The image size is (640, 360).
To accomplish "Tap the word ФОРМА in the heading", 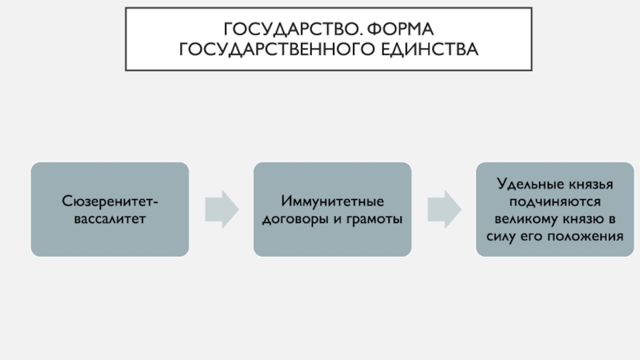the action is (401, 30).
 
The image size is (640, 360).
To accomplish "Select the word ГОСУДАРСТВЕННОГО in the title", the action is (277, 50).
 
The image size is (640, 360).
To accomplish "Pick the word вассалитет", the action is (110, 218).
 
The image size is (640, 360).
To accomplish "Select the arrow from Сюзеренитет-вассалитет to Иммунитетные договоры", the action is (222, 210).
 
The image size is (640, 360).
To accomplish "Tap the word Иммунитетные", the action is (332, 202).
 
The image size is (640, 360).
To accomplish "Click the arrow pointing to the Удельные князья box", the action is (445, 210).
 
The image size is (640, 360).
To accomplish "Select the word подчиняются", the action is (555, 202).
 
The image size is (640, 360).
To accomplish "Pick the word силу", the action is (502, 237).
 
